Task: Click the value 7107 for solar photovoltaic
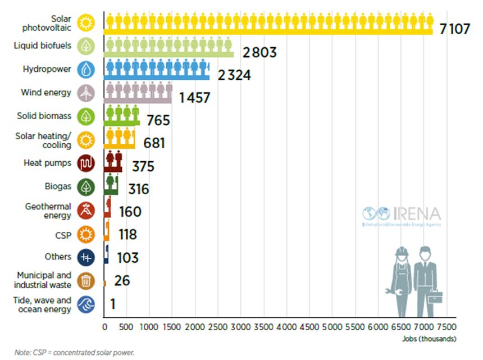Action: tap(454, 29)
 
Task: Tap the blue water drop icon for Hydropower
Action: tap(86, 70)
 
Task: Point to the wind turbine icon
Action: tap(86, 93)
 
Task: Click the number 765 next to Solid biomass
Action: tap(157, 120)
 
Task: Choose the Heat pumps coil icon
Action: tap(86, 163)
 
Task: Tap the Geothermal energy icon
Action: tap(86, 211)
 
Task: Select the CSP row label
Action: tap(63, 235)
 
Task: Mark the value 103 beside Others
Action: tap(127, 258)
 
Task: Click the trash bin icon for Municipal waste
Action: tap(86, 280)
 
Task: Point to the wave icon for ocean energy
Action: tap(86, 304)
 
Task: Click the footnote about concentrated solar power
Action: tap(75, 353)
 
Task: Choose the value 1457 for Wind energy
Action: tap(194, 98)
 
